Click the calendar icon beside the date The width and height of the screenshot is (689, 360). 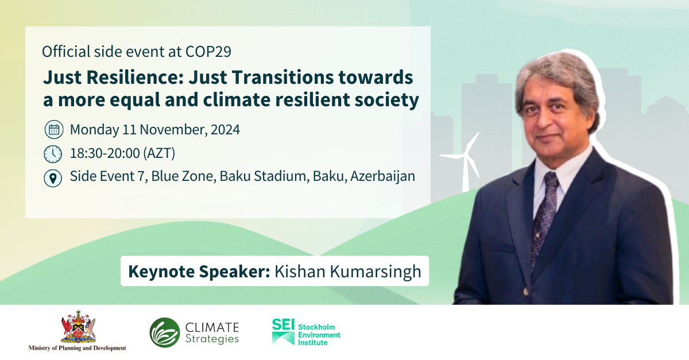coord(53,130)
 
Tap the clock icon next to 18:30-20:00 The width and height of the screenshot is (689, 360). coord(53,154)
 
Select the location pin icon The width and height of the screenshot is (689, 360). coord(53,178)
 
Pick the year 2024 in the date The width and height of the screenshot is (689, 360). coord(224,130)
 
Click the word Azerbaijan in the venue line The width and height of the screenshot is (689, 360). coord(382,177)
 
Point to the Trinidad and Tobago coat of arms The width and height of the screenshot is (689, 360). coord(78,327)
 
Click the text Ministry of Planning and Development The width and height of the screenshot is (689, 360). coord(78,348)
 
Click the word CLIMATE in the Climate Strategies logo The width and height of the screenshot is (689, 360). coord(212,327)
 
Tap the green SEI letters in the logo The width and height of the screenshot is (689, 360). coord(284,324)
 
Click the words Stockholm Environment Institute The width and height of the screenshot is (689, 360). coord(319,334)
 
